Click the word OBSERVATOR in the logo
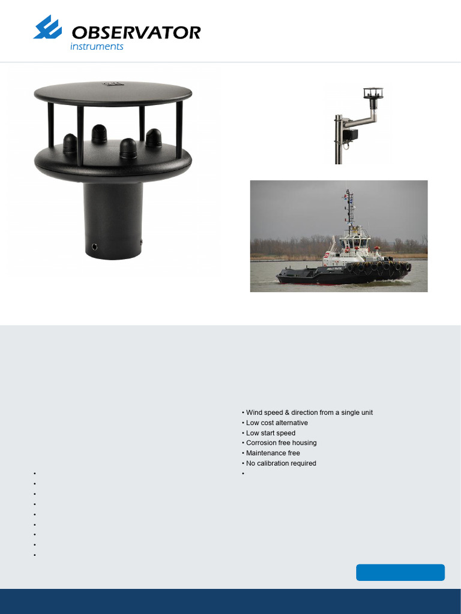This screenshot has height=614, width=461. coord(136,32)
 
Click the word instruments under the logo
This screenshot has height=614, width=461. coord(97,47)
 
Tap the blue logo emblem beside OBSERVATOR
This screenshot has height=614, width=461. coord(47,28)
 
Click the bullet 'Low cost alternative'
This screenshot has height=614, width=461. coord(277,423)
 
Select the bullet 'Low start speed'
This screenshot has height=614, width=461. coord(271,433)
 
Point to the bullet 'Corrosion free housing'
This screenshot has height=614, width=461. coord(281,443)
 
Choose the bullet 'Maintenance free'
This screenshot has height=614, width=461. coord(273,453)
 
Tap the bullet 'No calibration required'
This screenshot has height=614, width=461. coord(281,463)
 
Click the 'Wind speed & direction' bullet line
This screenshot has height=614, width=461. coord(309,413)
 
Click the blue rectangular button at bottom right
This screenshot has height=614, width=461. coord(400,573)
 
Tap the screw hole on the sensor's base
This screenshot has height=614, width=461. coord(95,246)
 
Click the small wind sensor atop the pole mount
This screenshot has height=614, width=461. coord(373,94)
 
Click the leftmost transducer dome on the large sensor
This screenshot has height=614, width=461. coord(70,143)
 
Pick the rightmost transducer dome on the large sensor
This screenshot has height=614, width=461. coord(154,138)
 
